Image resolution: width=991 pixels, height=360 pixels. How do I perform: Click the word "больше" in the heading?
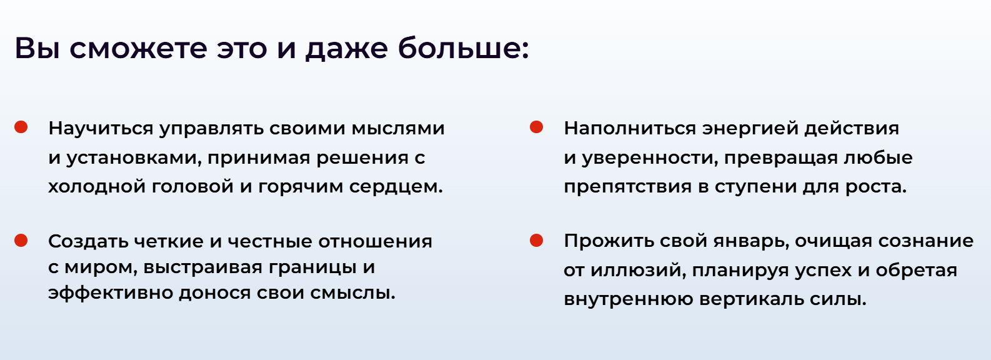pos(463,47)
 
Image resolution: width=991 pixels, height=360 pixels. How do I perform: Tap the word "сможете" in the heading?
pos(138,48)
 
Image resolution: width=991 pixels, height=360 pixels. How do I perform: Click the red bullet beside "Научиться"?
pos(21,127)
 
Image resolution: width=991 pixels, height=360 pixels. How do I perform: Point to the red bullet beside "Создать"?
pos(21,240)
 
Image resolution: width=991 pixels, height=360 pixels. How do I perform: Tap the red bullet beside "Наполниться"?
pos(536,127)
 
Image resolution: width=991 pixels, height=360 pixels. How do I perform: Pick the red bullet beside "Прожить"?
pos(536,240)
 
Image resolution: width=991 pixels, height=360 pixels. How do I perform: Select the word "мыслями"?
pos(398,129)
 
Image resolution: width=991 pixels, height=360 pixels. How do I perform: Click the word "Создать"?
pos(89,242)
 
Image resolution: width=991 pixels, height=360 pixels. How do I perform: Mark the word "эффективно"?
pos(111,293)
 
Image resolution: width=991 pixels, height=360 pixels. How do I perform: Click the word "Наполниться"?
pos(630,129)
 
